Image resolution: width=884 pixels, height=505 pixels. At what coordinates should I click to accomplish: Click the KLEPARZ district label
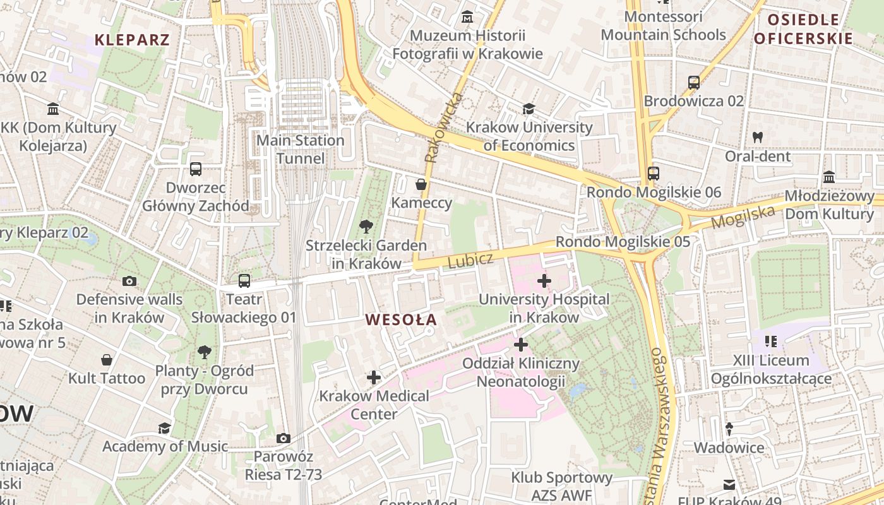132,40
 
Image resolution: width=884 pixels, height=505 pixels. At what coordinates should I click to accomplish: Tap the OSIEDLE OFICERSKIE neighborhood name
803,29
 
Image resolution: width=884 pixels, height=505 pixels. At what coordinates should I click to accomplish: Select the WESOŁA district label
401,319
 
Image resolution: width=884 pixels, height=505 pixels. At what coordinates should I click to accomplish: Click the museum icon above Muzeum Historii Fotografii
467,16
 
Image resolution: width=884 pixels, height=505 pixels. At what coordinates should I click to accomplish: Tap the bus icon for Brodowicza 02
693,82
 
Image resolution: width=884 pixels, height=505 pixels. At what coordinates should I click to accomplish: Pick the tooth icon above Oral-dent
758,137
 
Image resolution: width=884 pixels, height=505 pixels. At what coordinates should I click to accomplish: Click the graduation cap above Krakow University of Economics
529,109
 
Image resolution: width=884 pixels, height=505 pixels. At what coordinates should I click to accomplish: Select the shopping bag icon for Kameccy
421,184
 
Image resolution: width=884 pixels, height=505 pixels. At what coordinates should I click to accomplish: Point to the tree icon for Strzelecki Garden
366,227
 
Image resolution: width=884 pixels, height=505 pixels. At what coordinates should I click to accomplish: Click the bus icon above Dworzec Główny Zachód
195,169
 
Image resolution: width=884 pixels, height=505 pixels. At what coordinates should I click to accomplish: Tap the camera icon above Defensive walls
129,281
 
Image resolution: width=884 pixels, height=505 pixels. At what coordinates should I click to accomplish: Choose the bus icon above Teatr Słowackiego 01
244,281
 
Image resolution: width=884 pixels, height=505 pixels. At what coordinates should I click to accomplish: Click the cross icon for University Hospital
544,281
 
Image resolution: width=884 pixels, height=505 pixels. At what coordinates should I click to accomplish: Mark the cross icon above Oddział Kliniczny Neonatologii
520,345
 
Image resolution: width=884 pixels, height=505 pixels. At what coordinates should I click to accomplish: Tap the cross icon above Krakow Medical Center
374,377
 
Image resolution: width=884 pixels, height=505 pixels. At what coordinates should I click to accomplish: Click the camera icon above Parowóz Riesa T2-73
284,438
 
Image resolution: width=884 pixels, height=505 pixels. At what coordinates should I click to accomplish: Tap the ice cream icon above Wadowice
729,429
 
